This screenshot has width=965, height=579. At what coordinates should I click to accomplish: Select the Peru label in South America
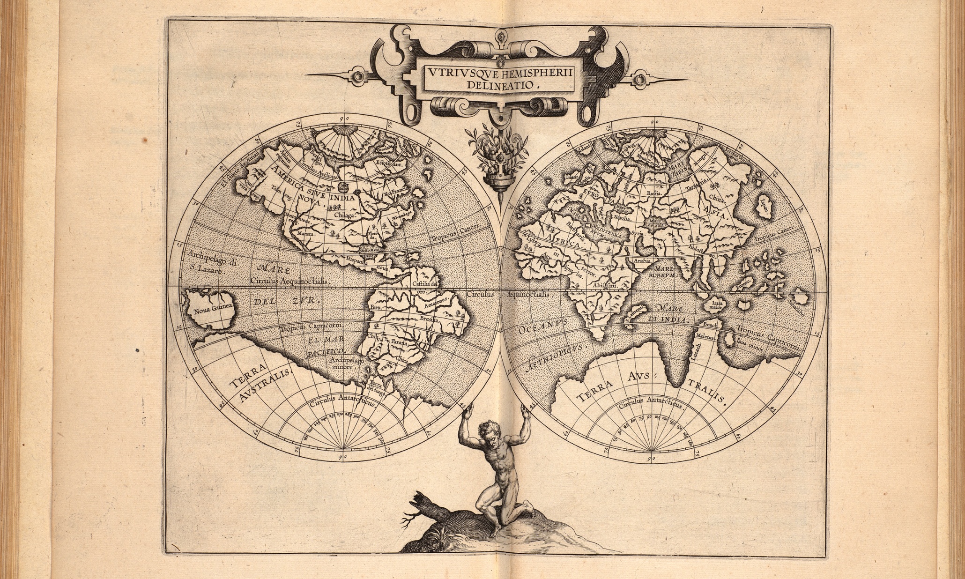point(376,308)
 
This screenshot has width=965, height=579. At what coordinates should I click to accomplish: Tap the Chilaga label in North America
point(346,215)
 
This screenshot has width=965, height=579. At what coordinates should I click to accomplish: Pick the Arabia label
point(642,260)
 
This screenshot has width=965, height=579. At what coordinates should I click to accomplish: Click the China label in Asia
point(717,198)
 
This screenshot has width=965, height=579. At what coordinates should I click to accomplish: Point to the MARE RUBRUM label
point(660,272)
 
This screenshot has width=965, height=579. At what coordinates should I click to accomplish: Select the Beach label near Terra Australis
point(711,324)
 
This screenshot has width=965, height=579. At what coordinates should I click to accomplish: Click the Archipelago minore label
point(346,364)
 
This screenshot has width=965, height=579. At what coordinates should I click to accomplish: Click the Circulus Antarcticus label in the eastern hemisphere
point(649,403)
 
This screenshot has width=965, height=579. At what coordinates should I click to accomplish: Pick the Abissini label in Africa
point(605,284)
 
